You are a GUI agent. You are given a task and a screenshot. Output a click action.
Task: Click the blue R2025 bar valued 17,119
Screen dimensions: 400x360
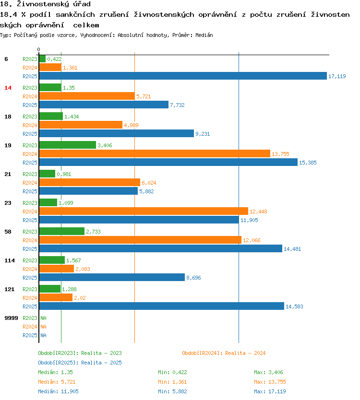(182, 76)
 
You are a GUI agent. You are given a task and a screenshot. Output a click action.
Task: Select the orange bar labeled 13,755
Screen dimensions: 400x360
(155, 153)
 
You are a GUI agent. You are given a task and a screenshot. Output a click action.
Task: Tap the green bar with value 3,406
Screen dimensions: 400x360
(67, 145)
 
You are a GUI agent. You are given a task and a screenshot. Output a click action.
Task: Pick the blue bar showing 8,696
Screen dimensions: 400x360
(112, 277)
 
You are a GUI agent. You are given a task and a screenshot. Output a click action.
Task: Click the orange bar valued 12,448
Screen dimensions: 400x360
(144, 211)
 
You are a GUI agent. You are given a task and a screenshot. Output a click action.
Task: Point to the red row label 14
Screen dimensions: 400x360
(7, 88)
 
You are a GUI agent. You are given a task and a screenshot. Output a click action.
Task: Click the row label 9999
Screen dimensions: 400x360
(11, 318)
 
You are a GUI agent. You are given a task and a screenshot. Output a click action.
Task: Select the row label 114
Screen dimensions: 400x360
(9, 260)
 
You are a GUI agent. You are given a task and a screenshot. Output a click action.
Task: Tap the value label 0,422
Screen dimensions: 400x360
(54, 59)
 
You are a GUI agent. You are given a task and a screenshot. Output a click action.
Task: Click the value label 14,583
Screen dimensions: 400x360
(294, 306)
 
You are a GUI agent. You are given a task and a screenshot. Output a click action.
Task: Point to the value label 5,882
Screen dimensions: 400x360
(146, 191)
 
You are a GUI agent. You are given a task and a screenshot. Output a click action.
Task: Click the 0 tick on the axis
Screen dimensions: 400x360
(38, 49)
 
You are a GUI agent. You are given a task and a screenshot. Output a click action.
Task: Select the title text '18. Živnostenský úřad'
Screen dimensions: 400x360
(46, 4)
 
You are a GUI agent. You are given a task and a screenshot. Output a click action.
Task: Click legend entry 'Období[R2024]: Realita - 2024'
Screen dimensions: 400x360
(224, 353)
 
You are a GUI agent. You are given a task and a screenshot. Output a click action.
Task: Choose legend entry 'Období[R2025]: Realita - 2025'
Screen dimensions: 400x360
(80, 363)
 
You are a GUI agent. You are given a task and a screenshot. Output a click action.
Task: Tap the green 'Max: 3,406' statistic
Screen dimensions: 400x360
(270, 372)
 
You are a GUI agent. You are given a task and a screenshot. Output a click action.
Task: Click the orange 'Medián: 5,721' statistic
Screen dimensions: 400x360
(57, 382)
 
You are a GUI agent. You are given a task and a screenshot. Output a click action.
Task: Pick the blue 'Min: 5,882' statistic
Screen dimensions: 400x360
(172, 391)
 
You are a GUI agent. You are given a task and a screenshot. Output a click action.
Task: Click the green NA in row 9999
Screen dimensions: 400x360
(43, 318)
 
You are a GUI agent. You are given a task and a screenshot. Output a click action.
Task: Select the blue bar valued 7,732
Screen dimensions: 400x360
(103, 105)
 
